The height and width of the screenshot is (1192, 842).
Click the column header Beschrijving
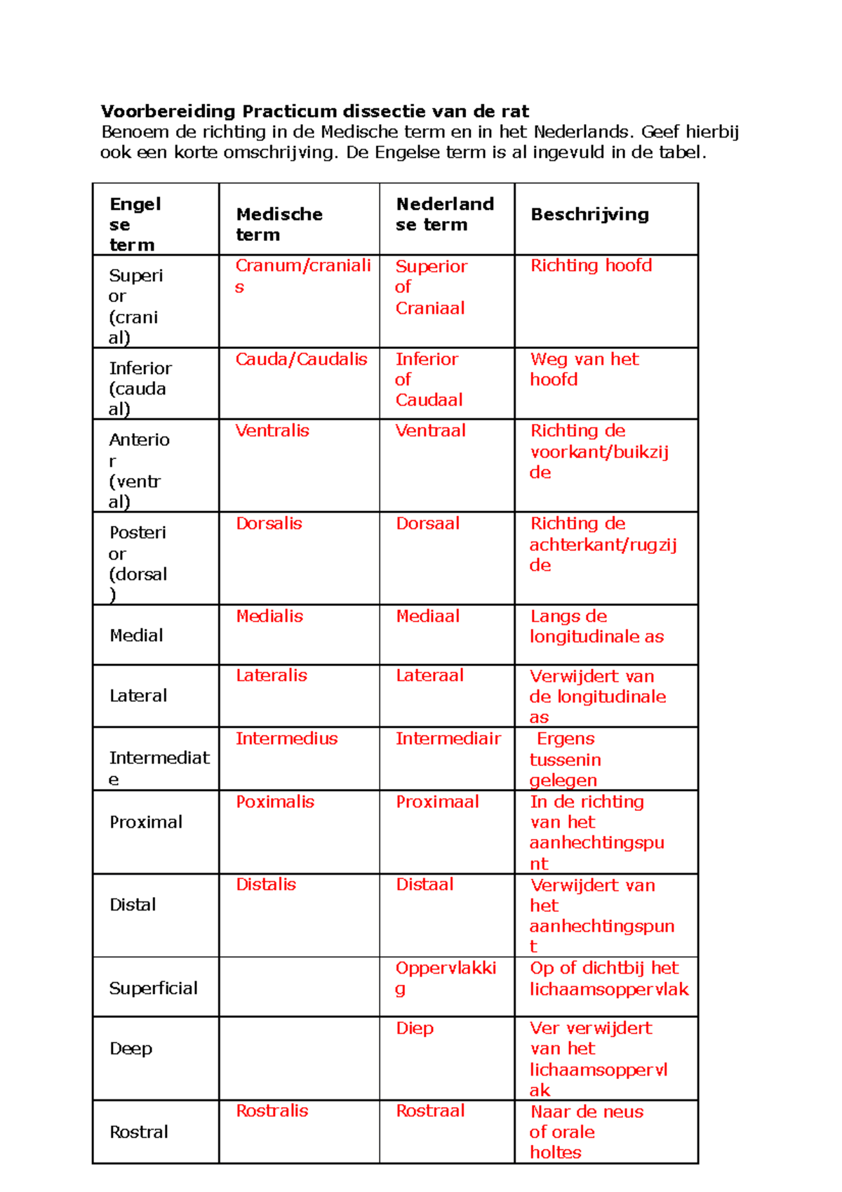589,214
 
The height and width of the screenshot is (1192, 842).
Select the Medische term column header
279,224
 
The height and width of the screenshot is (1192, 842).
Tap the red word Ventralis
272,430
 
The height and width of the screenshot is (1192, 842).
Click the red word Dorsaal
427,523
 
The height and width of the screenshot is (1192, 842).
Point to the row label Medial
136,635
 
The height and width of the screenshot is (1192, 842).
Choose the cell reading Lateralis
272,675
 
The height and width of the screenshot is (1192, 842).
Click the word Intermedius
286,739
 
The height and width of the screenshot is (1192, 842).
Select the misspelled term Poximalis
275,802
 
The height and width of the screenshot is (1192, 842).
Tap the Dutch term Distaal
425,885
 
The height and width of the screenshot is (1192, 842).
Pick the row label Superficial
153,988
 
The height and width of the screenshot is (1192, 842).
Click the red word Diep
415,1028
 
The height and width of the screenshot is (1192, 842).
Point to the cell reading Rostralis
272,1111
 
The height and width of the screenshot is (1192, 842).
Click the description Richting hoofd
591,265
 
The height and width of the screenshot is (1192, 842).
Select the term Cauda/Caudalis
301,359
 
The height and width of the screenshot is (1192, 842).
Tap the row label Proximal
146,822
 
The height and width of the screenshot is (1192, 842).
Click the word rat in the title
515,111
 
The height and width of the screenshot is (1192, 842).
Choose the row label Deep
131,1049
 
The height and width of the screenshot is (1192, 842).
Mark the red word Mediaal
427,616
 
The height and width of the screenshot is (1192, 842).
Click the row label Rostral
139,1132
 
